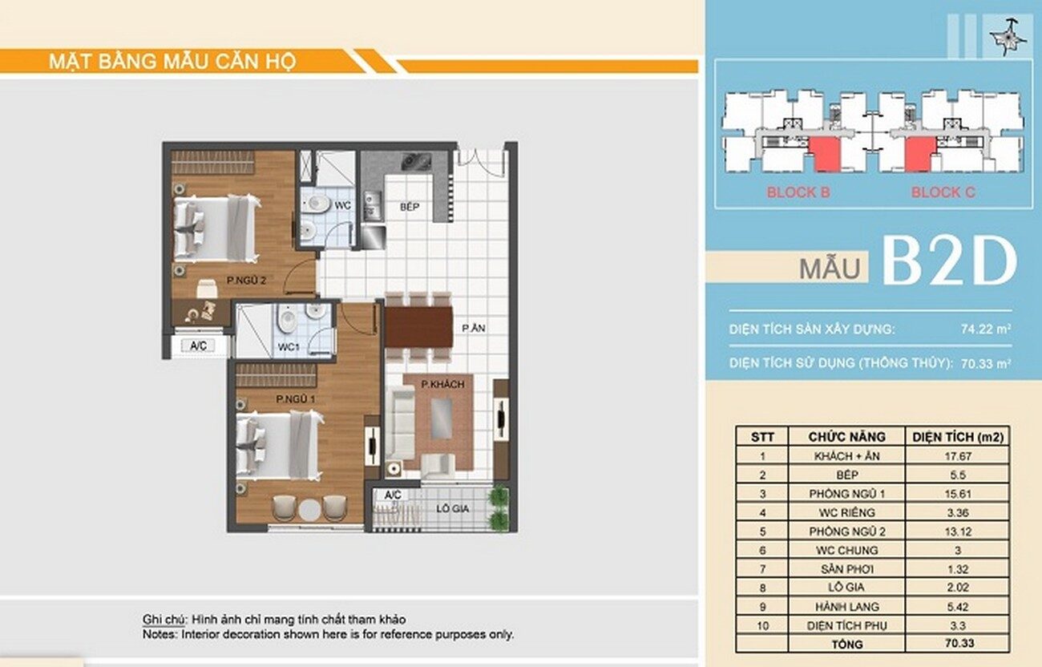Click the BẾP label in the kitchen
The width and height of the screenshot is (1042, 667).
(x=410, y=207)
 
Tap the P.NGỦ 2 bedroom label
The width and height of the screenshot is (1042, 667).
(x=247, y=281)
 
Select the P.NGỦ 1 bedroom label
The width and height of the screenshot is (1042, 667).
(x=296, y=399)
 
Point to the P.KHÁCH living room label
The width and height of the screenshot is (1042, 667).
(x=442, y=384)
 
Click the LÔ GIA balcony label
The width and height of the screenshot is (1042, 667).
(x=453, y=509)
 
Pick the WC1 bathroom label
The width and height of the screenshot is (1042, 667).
(x=289, y=347)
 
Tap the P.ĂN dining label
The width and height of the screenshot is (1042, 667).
(x=474, y=329)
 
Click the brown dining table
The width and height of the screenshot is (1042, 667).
(x=418, y=326)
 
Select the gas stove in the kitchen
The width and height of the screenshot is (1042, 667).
(x=416, y=162)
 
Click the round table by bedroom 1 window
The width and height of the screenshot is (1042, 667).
(x=309, y=509)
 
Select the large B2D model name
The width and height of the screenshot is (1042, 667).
(x=949, y=262)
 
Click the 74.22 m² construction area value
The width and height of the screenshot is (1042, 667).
(x=986, y=329)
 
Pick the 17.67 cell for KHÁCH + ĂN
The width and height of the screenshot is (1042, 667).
(x=958, y=456)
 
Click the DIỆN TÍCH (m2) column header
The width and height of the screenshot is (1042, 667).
(x=958, y=437)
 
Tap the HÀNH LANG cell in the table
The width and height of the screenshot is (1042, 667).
(x=847, y=607)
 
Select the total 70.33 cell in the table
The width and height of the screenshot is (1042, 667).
(x=959, y=643)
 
